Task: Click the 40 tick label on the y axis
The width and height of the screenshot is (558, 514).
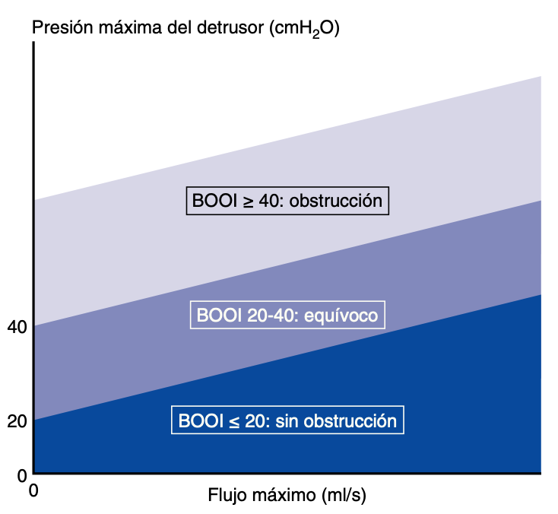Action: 17,328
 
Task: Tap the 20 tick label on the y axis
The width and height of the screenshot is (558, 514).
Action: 17,420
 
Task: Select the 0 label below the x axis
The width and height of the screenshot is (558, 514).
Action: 33,491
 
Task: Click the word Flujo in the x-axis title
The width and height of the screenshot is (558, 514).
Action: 227,496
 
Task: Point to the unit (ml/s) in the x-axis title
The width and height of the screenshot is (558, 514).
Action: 345,496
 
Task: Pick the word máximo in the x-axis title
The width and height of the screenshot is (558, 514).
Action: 284,496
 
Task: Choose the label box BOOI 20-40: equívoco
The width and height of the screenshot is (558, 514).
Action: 287,315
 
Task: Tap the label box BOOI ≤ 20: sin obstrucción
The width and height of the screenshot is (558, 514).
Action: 287,420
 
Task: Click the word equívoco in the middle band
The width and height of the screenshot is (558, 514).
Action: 342,315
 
